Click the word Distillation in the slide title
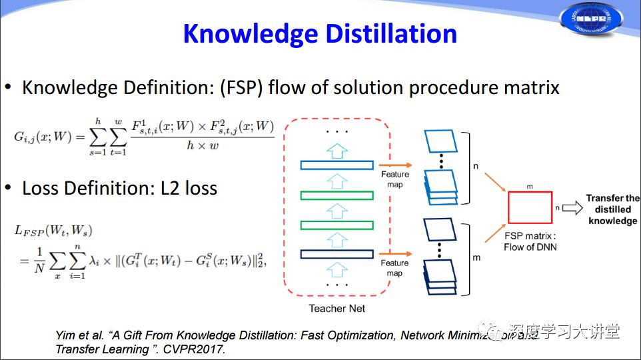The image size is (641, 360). click(388, 34)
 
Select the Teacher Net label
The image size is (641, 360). click(337, 308)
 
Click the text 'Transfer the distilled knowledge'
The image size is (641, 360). click(612, 209)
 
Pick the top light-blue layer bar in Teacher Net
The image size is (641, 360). click(336, 165)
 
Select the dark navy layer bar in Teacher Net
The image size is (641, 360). click(336, 254)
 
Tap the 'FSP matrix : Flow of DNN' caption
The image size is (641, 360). click(530, 241)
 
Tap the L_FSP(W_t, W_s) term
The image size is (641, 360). click(53, 231)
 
